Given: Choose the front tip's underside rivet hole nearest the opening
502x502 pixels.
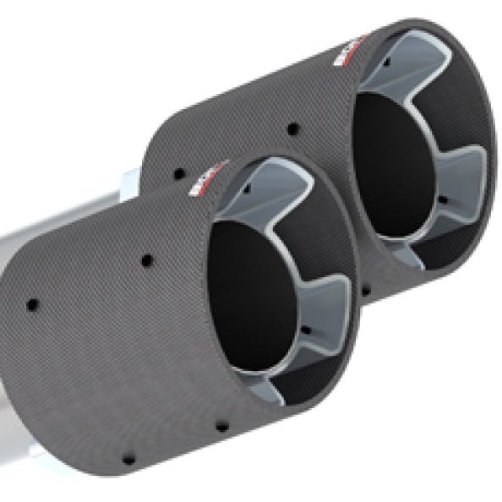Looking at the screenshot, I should (221, 425).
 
